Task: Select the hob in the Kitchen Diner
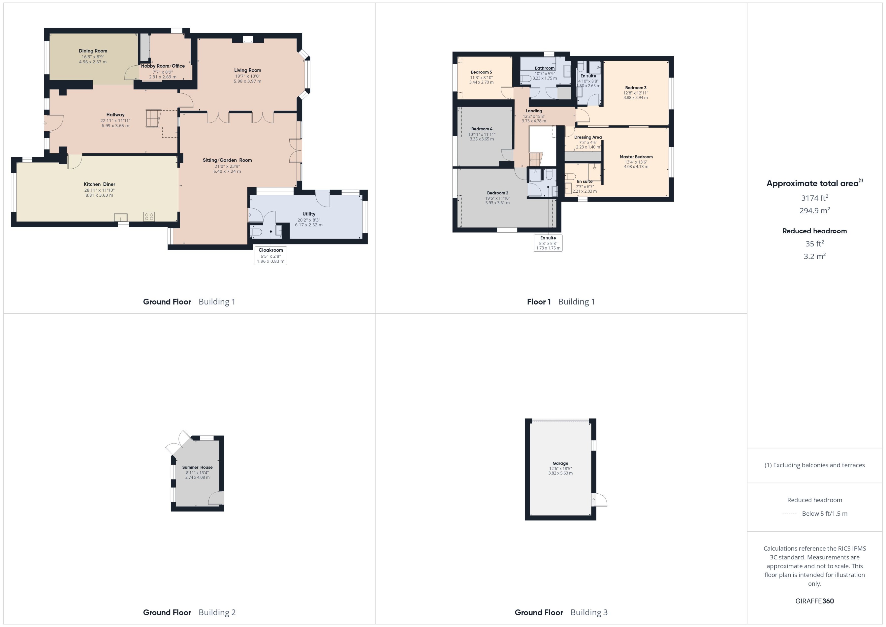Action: tap(149, 217)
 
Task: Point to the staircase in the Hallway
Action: tap(153, 118)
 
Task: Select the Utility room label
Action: tap(309, 214)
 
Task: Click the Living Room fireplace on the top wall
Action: tap(248, 39)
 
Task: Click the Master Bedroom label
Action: tap(636, 157)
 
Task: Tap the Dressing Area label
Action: tap(588, 137)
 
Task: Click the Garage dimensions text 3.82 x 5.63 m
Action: tap(560, 473)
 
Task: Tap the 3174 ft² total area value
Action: tap(814, 198)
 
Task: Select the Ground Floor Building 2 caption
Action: tap(189, 612)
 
